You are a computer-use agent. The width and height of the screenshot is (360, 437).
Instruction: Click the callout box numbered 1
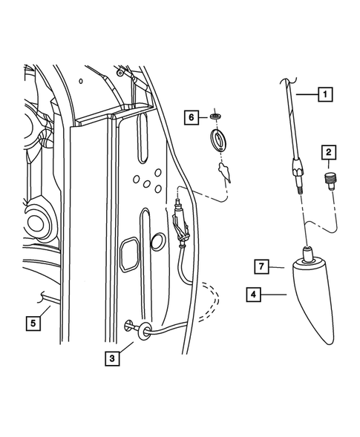pos(324,94)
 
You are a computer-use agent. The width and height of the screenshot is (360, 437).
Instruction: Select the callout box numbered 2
pos(327,154)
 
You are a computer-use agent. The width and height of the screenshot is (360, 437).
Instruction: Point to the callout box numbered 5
pos(33,322)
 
